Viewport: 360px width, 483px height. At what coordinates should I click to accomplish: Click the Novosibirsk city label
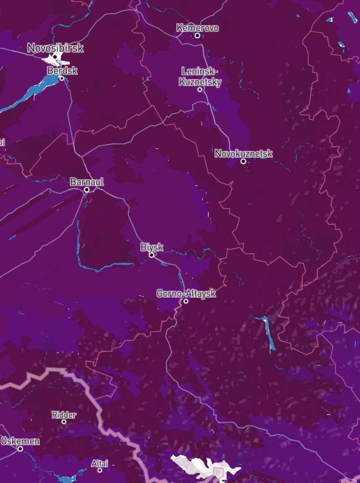tap(55, 48)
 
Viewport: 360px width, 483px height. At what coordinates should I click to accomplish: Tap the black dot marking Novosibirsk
tap(55, 57)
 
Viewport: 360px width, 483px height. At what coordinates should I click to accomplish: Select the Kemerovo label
tap(198, 28)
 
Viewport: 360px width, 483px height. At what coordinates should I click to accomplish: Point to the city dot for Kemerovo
tap(197, 36)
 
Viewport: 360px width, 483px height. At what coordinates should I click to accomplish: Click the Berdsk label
tap(62, 71)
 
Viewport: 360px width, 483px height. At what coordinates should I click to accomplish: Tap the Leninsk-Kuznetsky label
tap(200, 76)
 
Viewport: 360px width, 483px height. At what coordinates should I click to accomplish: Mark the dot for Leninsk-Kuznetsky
tap(200, 89)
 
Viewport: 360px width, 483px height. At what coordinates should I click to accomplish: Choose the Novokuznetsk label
tap(243, 154)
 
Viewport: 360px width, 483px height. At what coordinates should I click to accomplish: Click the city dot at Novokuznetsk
tap(243, 161)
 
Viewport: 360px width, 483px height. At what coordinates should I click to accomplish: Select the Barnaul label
tap(87, 182)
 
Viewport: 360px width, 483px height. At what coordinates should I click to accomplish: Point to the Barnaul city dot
tap(86, 190)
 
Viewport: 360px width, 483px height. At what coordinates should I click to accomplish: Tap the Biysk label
tap(152, 247)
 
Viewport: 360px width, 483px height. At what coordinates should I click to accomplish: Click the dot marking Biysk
tap(151, 255)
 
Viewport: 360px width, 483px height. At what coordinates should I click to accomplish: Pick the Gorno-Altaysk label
tap(186, 294)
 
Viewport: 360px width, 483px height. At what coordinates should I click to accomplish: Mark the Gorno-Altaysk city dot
tap(185, 301)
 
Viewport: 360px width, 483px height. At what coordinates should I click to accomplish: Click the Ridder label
tap(64, 415)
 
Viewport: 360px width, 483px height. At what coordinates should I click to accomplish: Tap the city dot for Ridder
tap(64, 422)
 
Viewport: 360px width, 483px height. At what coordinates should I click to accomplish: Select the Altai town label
tap(100, 464)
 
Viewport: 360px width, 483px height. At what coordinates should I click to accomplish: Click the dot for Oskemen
tap(20, 449)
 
